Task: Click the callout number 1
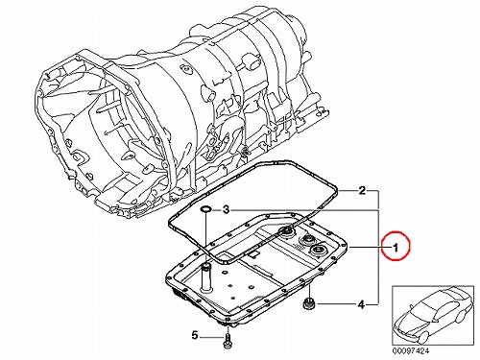point(396,248)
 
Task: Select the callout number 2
point(362,191)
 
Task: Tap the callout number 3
point(227,210)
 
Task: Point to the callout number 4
point(361,304)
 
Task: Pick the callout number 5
point(195,336)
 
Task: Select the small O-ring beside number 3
point(205,209)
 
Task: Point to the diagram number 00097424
point(411,350)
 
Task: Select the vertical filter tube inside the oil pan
point(206,277)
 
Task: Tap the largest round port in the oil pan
point(318,250)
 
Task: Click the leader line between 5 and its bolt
point(211,336)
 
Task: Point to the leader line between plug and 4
point(335,304)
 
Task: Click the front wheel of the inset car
point(422,336)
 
